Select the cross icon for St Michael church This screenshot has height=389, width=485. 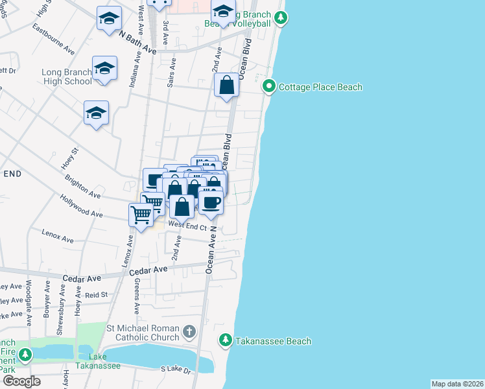point(189,333)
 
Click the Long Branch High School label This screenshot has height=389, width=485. point(66,77)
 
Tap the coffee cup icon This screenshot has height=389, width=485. point(211,202)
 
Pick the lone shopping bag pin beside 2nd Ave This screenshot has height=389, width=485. point(226,86)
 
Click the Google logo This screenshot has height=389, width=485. point(21,381)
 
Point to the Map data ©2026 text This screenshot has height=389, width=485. point(457,384)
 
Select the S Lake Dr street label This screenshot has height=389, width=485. point(176,370)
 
